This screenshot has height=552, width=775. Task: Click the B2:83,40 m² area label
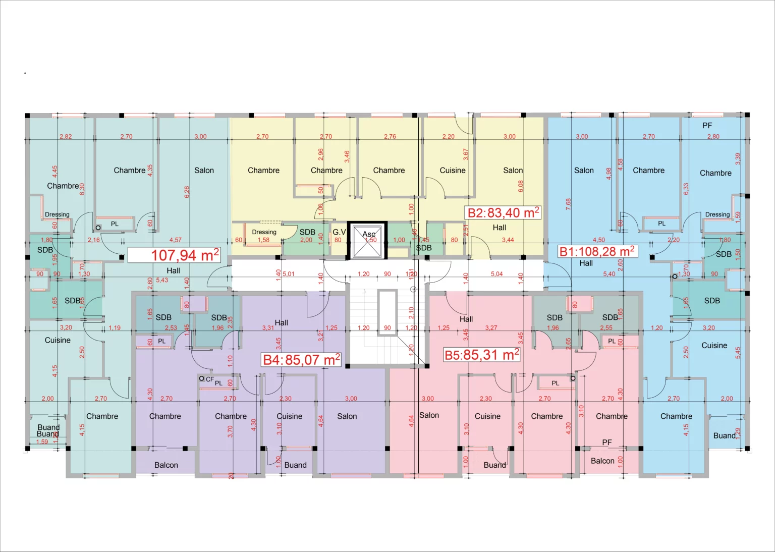(x=503, y=213)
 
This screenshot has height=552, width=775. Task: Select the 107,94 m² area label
(x=174, y=255)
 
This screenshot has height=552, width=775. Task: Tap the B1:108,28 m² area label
(x=596, y=251)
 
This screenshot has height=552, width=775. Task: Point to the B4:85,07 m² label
(x=301, y=360)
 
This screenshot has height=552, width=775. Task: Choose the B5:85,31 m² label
(x=481, y=355)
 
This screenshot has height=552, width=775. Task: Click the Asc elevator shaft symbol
(x=367, y=240)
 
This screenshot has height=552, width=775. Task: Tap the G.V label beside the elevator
(x=339, y=232)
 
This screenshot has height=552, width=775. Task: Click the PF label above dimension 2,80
(x=707, y=126)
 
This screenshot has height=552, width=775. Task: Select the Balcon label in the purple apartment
(x=166, y=465)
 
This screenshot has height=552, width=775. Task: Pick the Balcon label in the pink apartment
(x=602, y=461)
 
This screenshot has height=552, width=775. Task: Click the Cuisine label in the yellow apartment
(x=452, y=171)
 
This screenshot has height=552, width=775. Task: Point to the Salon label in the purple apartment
(x=347, y=416)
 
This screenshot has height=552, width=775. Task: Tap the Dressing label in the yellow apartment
(x=264, y=232)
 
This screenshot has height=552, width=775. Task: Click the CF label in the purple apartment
(x=209, y=379)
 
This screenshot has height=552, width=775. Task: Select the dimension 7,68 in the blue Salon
(x=569, y=204)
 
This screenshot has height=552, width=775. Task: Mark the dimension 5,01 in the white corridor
(x=288, y=274)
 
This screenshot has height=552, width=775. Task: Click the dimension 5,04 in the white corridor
(x=496, y=274)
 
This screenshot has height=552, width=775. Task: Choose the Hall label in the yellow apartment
(x=499, y=228)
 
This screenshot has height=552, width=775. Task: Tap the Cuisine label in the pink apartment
(x=487, y=416)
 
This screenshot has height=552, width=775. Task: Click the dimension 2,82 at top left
(x=66, y=137)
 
